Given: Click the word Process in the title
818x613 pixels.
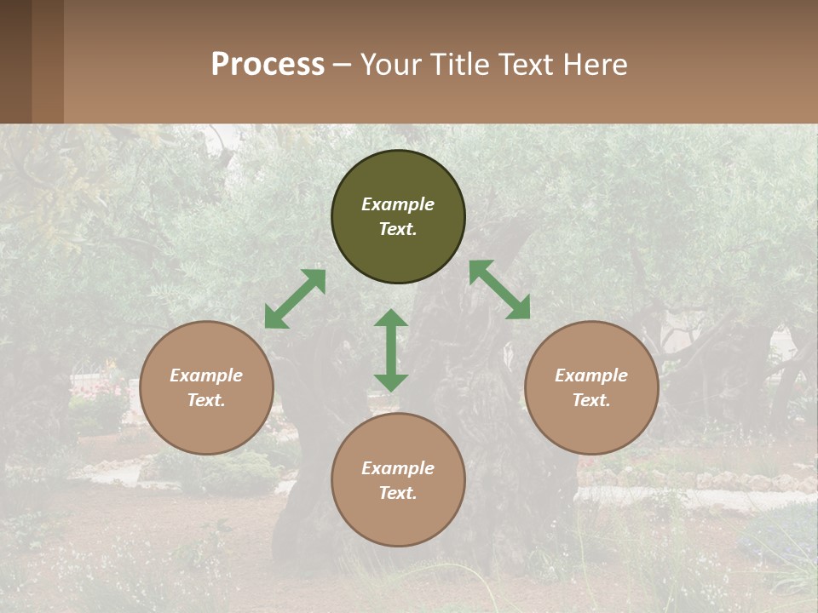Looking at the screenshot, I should coord(268,65).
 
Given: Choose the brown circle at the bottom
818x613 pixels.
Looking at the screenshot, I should coord(398,514).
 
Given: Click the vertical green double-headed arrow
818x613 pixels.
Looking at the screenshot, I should coord(391,351).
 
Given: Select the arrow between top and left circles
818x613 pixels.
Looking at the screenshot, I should coord(295,299).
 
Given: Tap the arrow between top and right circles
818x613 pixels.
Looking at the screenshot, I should coord(499,289).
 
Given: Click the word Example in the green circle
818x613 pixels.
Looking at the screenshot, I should coord(398,204).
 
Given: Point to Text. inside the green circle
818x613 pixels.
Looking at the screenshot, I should coord(398,229).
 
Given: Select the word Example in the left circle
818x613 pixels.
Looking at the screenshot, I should coord(206,375).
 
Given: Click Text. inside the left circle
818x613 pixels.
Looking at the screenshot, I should coord(206,400).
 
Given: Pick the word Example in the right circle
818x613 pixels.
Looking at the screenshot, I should coord(591,375).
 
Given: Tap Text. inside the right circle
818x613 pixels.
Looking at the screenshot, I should coord(591,400).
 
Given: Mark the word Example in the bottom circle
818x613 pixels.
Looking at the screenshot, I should coord(398,468).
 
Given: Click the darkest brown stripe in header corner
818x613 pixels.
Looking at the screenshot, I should coord(15,61).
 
